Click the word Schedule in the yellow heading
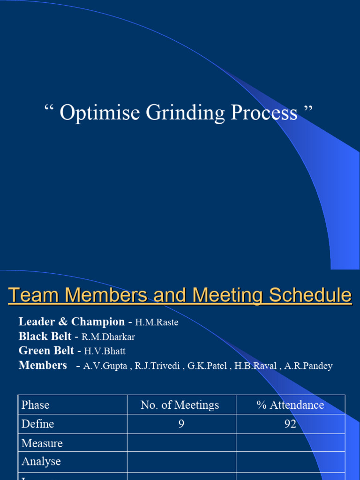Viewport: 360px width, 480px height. pos(310,295)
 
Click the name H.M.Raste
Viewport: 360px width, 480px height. pos(157,322)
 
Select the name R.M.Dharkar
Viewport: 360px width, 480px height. pos(108,337)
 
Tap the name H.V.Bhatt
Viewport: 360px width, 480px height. pos(105,351)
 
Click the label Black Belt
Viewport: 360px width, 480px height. pos(45,337)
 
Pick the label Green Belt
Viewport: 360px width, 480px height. pos(46,351)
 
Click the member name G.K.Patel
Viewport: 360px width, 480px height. pos(207,366)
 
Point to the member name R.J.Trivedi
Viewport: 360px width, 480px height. pos(157,366)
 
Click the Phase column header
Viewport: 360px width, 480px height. pos(36,405)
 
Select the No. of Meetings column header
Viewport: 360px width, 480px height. pos(180,405)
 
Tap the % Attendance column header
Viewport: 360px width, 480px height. pos(290,405)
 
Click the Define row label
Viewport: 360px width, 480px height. pos(38,424)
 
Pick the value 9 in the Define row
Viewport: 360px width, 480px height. pos(181,424)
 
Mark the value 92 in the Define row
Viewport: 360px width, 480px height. pos(290,424)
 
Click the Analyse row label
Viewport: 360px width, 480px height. pos(41,461)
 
